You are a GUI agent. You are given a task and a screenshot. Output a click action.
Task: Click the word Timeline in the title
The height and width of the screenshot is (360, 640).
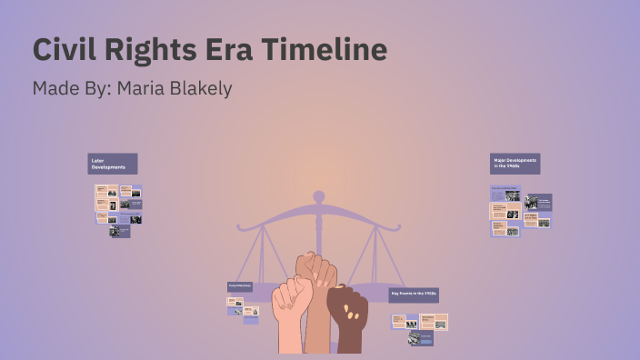[325, 49]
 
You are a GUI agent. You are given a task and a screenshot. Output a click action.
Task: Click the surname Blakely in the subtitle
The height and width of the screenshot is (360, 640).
[200, 88]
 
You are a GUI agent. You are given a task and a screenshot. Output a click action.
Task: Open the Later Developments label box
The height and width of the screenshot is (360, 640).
[113, 164]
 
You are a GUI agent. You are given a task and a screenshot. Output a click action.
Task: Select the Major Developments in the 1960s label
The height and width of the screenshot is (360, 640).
[515, 164]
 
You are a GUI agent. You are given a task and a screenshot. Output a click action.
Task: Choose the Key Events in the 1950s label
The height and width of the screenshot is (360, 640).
[414, 295]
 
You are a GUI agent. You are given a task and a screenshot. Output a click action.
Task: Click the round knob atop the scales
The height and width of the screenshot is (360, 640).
[318, 195]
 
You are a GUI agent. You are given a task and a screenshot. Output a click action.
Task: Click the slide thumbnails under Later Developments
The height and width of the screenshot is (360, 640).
[118, 209]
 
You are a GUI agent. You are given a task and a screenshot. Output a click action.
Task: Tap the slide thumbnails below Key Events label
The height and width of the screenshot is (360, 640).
[419, 326]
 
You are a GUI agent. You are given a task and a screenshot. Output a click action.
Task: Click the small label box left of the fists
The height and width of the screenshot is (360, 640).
[240, 287]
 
